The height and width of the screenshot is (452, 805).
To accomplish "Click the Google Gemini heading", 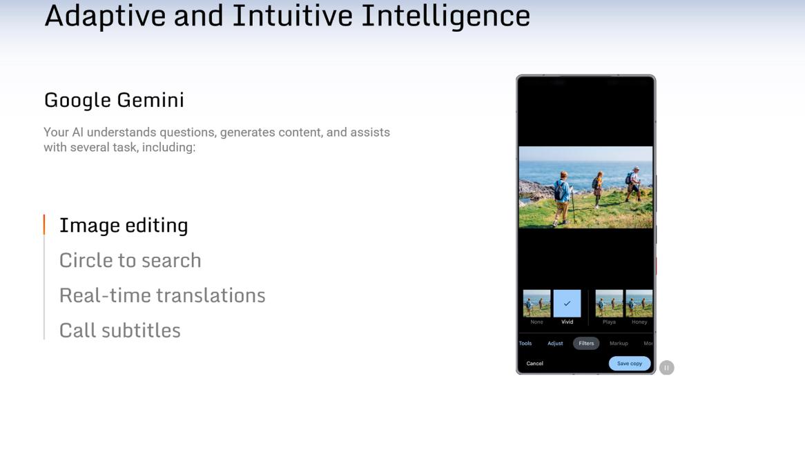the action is (114, 101).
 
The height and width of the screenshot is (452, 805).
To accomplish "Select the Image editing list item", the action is (124, 226).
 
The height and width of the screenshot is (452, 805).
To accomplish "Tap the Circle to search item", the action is (130, 261).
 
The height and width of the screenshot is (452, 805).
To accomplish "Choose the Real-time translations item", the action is (162, 295).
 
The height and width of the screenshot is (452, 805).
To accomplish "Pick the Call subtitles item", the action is (120, 331).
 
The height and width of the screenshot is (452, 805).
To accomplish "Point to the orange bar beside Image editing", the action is (44, 225).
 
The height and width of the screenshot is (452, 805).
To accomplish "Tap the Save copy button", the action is (630, 363).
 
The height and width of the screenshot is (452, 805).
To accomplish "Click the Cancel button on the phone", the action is (534, 363).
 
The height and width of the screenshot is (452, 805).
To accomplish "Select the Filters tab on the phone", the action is (586, 343).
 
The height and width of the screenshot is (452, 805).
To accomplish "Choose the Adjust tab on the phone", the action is (555, 343).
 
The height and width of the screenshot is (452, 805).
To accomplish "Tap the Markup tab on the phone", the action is (619, 343).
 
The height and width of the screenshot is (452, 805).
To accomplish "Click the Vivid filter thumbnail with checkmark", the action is (567, 304).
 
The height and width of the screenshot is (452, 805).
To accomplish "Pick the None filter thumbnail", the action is (536, 304).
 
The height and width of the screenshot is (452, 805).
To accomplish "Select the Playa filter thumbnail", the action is (609, 304).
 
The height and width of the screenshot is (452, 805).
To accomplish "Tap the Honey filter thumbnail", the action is (639, 304).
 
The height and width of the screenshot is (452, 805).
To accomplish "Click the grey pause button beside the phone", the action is (666, 368).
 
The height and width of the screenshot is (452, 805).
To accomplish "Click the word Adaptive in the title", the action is (105, 15).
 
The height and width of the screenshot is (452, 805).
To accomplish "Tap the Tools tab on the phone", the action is (525, 343).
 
